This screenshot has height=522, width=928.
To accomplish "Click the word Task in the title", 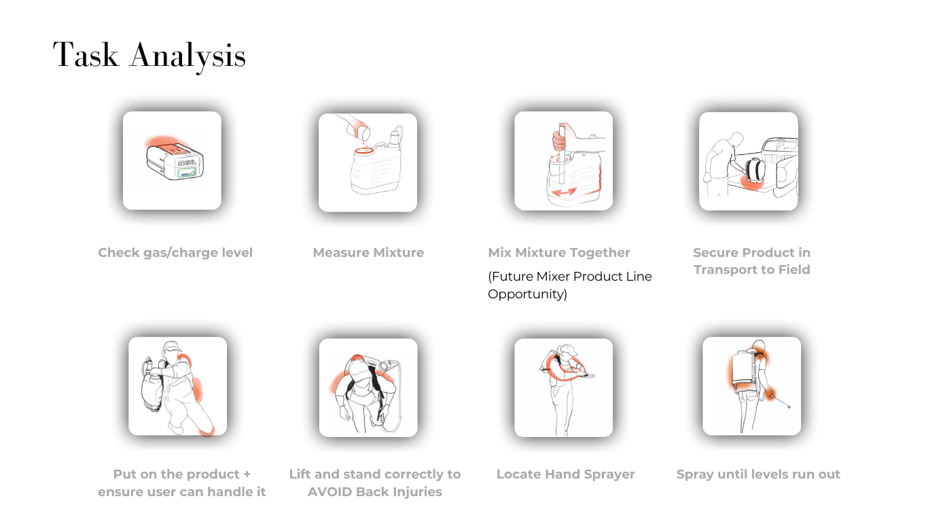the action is (86, 54).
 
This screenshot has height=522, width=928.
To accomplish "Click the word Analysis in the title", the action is (188, 57).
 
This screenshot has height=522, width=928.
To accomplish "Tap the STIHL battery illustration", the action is (175, 160).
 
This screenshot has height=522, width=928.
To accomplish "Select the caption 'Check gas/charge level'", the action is (175, 252).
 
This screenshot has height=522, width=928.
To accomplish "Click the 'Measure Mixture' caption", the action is (368, 252).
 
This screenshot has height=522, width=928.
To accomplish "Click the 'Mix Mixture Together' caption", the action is (559, 252).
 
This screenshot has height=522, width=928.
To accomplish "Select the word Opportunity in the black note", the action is (527, 294).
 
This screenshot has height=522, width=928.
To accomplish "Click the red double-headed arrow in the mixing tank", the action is (565, 192).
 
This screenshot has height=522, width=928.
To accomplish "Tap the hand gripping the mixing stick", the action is (559, 141).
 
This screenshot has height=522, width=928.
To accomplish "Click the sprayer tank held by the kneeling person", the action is (151, 387).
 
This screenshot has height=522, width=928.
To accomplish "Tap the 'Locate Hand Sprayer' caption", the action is (565, 474).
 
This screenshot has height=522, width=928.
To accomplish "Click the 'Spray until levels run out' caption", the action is (758, 474).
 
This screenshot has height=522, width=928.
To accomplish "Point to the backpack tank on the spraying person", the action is (744, 369).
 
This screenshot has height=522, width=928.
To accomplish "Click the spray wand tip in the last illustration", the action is (789, 406).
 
